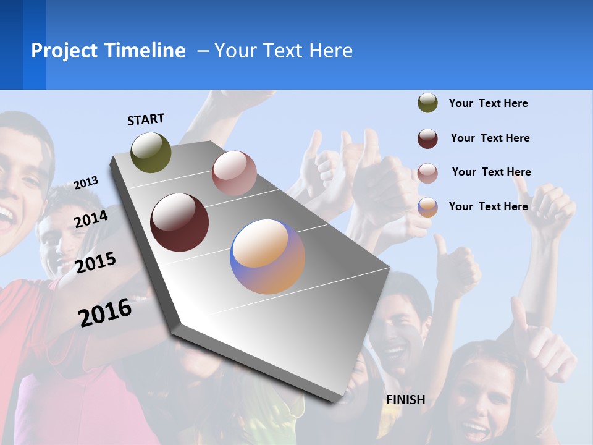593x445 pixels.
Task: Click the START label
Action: [x=146, y=119]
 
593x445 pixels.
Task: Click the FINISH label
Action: [x=406, y=400]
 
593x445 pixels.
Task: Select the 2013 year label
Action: [x=86, y=183]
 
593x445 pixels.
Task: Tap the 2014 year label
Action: [x=91, y=219]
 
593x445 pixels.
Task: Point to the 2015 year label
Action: [x=96, y=263]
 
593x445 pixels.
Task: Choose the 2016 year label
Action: [x=105, y=312]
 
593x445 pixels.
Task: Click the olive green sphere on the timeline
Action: [x=151, y=152]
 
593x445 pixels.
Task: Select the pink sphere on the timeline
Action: [x=234, y=173]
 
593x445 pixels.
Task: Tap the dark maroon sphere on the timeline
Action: [x=180, y=222]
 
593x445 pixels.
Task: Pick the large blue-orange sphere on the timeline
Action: [x=267, y=256]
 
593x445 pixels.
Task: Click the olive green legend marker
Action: [x=427, y=103]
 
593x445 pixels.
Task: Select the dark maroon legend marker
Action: [x=427, y=138]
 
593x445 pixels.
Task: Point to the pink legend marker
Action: [x=427, y=173]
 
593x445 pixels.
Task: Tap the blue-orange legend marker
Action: [x=427, y=207]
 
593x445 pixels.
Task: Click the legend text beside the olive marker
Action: [x=488, y=103]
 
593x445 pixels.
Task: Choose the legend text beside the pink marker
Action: [x=491, y=172]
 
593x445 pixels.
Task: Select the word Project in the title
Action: [x=64, y=51]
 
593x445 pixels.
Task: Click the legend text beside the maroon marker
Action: [x=490, y=138]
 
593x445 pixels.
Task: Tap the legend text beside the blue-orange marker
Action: [x=488, y=206]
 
